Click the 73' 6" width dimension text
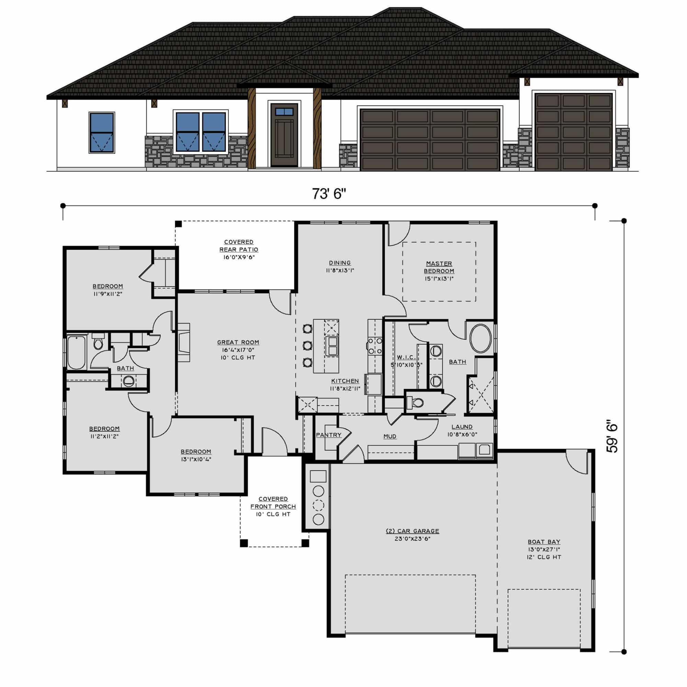pyautogui.click(x=329, y=194)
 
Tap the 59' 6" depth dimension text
pyautogui.click(x=613, y=438)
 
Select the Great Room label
pyautogui.click(x=238, y=342)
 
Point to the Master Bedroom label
pyautogui.click(x=439, y=267)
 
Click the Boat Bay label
pyautogui.click(x=544, y=542)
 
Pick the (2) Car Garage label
pyautogui.click(x=413, y=531)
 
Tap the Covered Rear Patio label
pyautogui.click(x=239, y=246)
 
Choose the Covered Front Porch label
pyautogui.click(x=273, y=503)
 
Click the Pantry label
pyautogui.click(x=328, y=435)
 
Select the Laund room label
pyautogui.click(x=462, y=427)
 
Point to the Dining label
pyautogui.click(x=340, y=263)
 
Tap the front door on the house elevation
pyautogui.click(x=284, y=135)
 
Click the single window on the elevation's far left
pyautogui.click(x=102, y=133)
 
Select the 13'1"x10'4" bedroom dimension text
pyautogui.click(x=196, y=459)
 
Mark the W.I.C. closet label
pyautogui.click(x=406, y=357)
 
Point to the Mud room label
pyautogui.click(x=390, y=436)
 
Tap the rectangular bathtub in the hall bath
pyautogui.click(x=77, y=352)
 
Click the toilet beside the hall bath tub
pyautogui.click(x=98, y=342)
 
